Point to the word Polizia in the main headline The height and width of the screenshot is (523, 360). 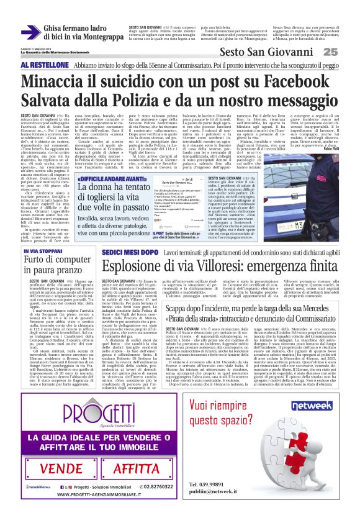pos(134,101)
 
